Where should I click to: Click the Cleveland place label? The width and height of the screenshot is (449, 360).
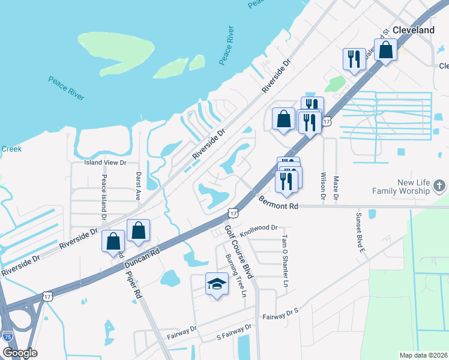pyautogui.click(x=414, y=29)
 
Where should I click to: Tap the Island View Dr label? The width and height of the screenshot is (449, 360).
pyautogui.click(x=106, y=163)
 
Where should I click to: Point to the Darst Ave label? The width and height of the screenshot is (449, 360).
pyautogui.click(x=137, y=186)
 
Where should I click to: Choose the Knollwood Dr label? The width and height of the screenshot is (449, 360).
pyautogui.click(x=259, y=228)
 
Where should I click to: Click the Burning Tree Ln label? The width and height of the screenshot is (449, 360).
pyautogui.click(x=235, y=275)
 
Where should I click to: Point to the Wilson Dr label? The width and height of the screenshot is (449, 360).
pyautogui.click(x=323, y=186)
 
